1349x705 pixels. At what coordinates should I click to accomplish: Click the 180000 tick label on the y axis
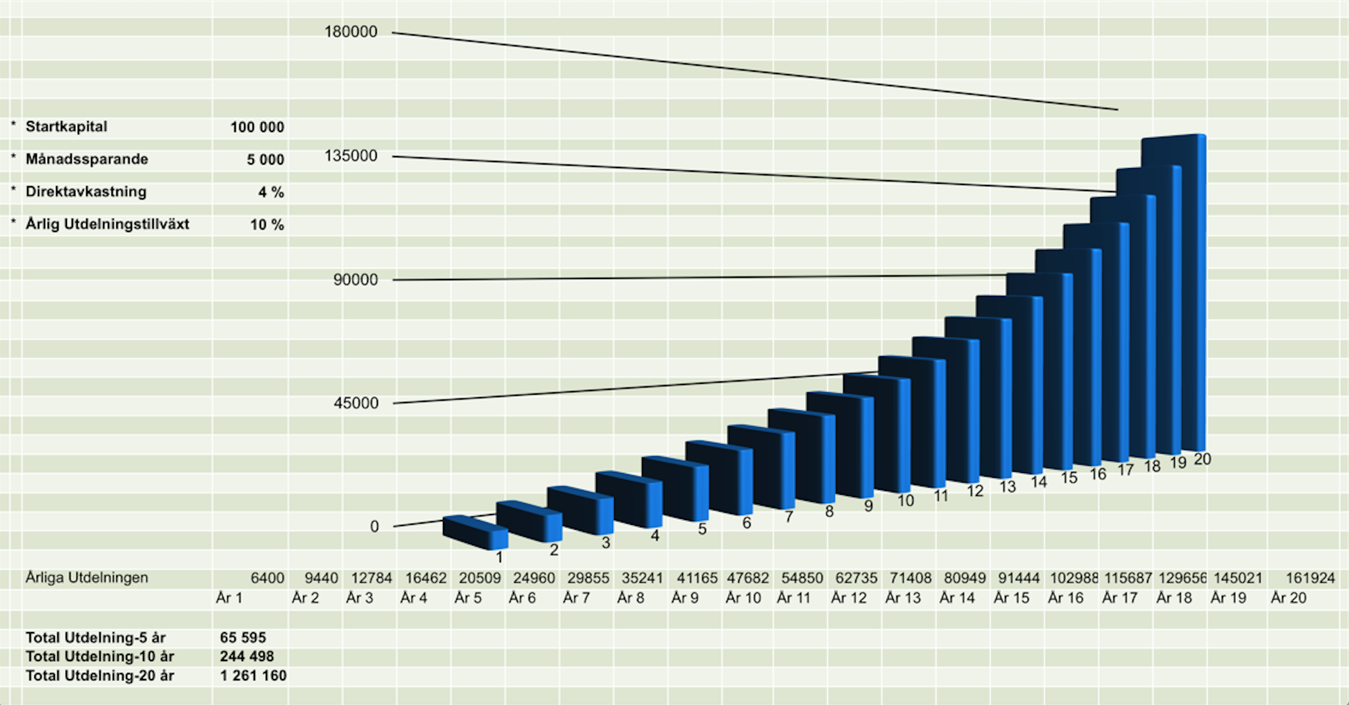click(351, 32)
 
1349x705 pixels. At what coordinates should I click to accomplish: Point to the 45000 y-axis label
click(356, 403)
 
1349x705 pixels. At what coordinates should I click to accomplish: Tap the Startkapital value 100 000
click(257, 127)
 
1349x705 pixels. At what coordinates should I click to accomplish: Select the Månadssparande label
click(87, 159)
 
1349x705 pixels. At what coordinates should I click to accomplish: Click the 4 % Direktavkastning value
click(271, 192)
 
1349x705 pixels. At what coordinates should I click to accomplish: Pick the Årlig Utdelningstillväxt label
click(107, 224)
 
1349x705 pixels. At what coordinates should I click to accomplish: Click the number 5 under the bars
click(702, 529)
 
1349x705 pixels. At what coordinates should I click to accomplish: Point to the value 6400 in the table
click(267, 578)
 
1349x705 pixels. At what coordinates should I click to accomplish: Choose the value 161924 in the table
click(1310, 578)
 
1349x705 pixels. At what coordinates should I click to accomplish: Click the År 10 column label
click(743, 598)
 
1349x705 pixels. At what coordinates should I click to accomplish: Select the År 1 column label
click(229, 598)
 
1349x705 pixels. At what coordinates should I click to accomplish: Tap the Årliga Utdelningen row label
click(87, 577)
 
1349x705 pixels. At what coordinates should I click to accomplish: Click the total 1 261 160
click(253, 675)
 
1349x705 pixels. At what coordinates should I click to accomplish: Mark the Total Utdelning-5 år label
click(95, 638)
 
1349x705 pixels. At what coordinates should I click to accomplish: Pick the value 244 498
click(247, 656)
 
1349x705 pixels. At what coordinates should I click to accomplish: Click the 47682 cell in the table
click(747, 578)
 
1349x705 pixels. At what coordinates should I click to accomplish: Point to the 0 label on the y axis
click(374, 527)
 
